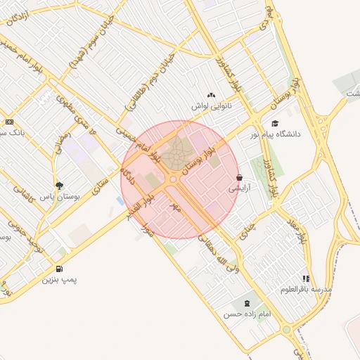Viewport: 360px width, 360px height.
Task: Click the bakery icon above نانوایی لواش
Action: [210, 95]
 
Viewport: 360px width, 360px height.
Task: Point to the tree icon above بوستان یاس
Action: [58, 186]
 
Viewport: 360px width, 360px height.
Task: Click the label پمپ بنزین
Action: [59, 279]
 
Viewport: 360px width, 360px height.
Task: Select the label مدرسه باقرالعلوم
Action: [306, 289]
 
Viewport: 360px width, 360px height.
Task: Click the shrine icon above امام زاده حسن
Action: [246, 304]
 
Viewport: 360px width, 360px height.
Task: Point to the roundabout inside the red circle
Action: [173, 179]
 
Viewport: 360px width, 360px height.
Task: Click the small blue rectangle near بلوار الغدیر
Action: [120, 201]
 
